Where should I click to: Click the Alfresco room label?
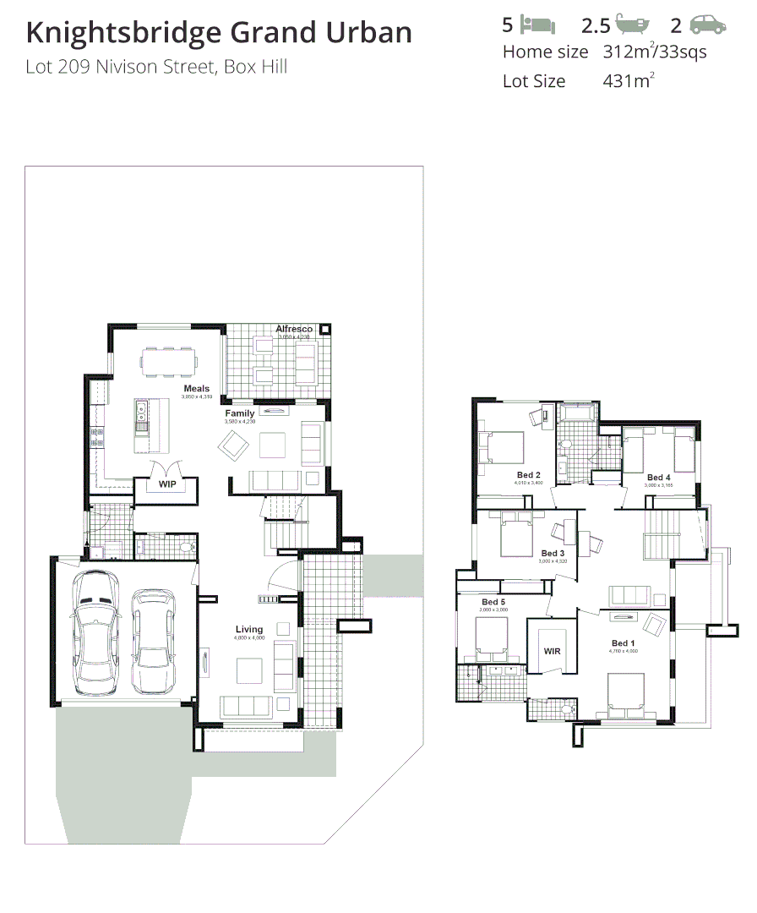point(293,329)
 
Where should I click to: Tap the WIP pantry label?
point(166,484)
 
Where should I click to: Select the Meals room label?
point(197,389)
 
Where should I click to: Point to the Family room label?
point(239,413)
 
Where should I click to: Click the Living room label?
point(249,629)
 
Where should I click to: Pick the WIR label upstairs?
point(552,652)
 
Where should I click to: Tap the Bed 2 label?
point(529,475)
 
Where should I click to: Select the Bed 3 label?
point(553,554)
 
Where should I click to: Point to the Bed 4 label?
point(658,478)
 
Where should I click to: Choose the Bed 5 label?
point(493,601)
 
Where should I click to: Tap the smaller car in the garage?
point(153,630)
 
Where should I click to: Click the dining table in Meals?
point(169,362)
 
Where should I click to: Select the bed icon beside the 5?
point(536,25)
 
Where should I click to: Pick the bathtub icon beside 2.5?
point(633,25)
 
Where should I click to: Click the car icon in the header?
point(708,25)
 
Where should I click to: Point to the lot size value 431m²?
point(629,81)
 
